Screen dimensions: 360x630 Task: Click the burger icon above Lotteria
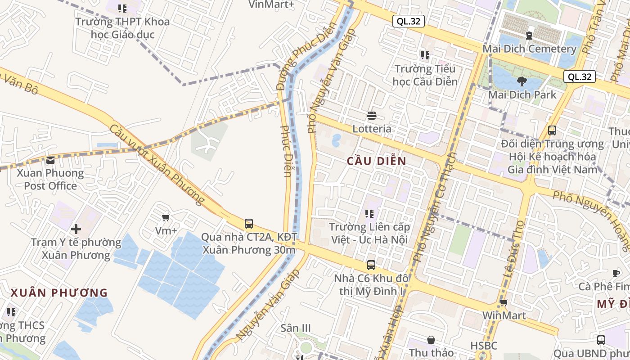pos(372,116)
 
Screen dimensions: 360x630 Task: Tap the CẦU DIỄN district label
pos(377,161)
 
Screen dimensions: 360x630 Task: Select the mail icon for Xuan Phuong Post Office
pos(50,160)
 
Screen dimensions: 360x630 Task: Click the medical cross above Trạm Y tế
pos(76,229)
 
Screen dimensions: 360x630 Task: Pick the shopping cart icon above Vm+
pos(166,218)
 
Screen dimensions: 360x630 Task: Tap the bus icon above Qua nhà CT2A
pos(249,223)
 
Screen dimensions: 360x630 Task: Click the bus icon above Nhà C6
pos(371,265)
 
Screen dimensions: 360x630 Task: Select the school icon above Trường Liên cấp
pos(369,213)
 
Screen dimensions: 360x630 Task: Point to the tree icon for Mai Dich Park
pos(522,81)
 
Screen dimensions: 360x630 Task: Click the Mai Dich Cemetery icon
pos(529,35)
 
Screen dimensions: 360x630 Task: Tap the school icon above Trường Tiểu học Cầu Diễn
pos(425,55)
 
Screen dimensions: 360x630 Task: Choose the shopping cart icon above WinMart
pos(504,302)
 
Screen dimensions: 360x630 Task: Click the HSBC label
pos(484,346)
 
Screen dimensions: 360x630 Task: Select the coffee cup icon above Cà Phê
pos(616,273)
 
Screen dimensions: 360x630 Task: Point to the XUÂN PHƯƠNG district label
pos(59,293)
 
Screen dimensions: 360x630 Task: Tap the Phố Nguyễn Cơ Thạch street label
pos(435,207)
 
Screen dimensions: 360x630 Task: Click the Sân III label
pos(296,328)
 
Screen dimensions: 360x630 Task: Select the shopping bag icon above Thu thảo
pos(431,340)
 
